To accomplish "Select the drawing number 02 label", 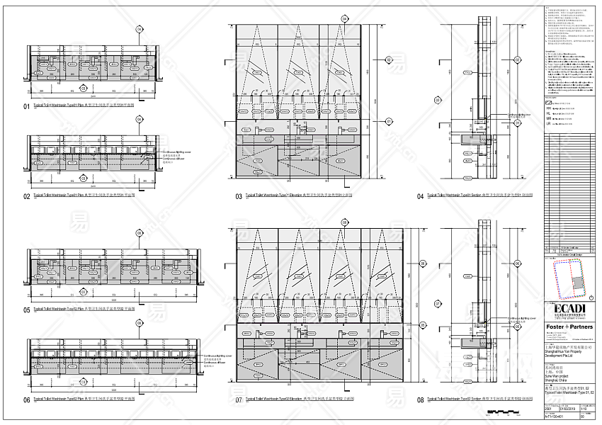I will point(27,196).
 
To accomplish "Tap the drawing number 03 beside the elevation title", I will point(239,196).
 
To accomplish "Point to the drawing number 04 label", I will point(421,196).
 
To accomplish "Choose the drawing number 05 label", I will point(27,310).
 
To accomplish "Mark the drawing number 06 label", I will point(27,400).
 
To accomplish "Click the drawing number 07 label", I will point(239,400).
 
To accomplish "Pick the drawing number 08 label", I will point(421,400).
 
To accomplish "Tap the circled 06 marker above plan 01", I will point(139,30).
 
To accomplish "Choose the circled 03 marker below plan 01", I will point(84,89).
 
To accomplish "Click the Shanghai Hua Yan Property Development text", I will point(564,359).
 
